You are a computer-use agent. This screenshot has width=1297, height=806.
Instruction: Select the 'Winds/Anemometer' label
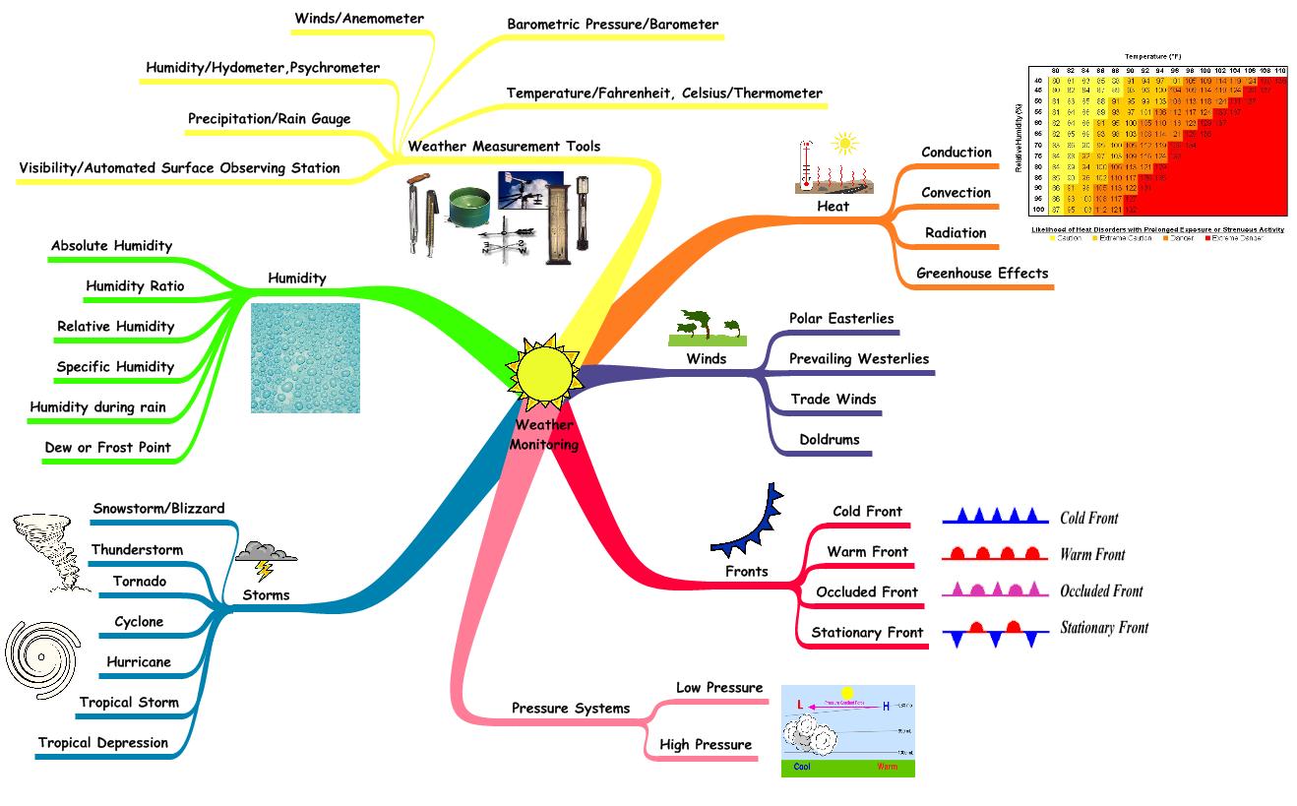click(x=359, y=19)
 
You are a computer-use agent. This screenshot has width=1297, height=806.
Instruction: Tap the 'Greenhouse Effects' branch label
click(x=982, y=274)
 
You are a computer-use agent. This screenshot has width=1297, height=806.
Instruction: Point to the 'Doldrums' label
click(x=829, y=440)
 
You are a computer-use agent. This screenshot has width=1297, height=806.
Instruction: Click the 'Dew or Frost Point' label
click(x=107, y=448)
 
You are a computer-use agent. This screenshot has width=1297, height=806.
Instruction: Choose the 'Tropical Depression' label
click(x=103, y=743)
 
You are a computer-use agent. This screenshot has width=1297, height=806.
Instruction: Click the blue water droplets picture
click(x=305, y=357)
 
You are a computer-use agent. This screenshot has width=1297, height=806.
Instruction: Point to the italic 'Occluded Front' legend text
click(x=1100, y=591)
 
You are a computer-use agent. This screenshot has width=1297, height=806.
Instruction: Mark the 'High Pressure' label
click(x=705, y=745)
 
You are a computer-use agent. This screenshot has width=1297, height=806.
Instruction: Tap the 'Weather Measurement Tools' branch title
click(x=504, y=147)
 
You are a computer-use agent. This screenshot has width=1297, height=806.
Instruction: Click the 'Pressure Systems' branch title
click(x=570, y=709)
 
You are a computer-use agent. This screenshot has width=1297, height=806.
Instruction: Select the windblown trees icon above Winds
click(x=707, y=328)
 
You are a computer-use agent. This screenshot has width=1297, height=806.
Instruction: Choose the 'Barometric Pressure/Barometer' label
click(x=612, y=25)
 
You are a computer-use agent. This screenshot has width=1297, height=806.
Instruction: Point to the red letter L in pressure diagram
click(x=800, y=705)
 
